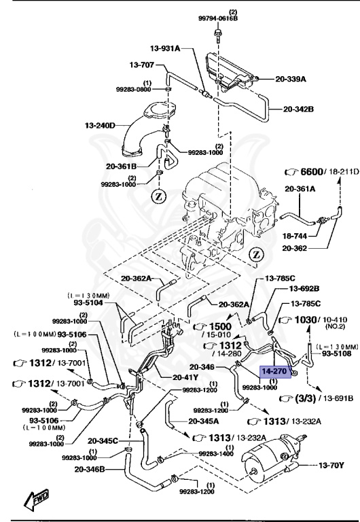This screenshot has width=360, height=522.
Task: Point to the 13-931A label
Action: [165, 48]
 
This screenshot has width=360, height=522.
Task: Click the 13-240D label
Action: [101, 125]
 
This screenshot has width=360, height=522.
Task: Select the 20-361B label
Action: [122, 166]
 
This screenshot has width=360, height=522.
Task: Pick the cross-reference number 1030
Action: [306, 319]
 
